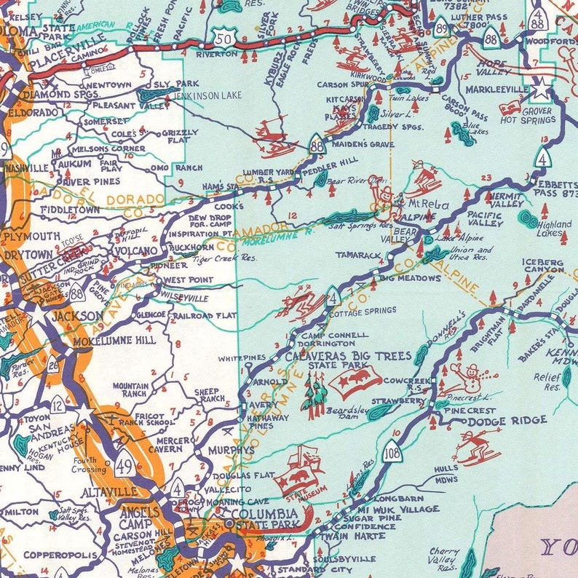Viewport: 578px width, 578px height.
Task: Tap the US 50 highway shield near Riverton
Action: pos(225,38)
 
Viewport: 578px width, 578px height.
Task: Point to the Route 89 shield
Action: pos(441,28)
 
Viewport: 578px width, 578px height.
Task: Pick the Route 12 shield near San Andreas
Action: pos(58,405)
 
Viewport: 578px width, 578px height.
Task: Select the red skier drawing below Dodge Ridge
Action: pos(477,446)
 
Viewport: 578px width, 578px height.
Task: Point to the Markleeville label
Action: pos(503,89)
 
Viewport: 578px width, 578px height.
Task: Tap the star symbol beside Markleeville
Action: pos(542,89)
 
